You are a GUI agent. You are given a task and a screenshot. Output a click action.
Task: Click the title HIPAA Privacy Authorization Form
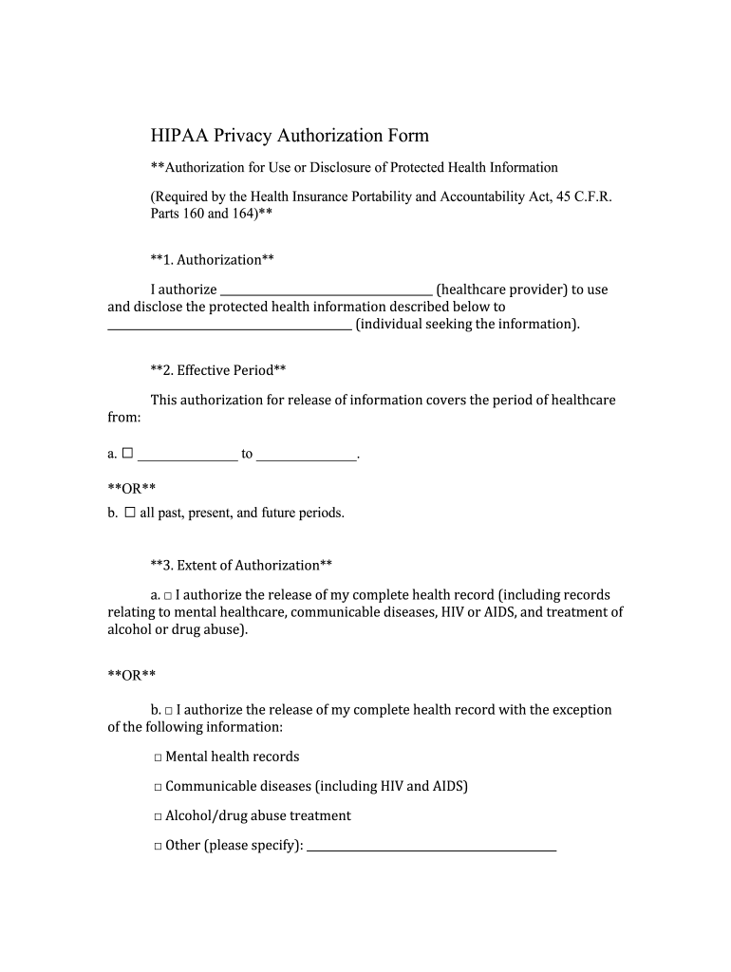tap(290, 136)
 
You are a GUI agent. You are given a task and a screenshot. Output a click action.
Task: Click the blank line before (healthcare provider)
tap(326, 290)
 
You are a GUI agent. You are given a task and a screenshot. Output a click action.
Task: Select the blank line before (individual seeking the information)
tap(229, 325)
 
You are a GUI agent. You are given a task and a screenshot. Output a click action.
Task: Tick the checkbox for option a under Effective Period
tap(127, 454)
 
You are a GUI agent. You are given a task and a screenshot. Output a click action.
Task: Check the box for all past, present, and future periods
tap(130, 513)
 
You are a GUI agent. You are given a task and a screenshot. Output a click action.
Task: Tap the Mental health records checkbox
tap(158, 757)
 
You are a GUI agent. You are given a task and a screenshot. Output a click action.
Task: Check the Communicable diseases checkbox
tap(158, 787)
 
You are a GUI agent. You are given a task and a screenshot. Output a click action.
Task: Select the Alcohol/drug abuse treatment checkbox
tap(158, 816)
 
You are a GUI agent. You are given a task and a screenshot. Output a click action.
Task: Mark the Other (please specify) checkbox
tap(158, 846)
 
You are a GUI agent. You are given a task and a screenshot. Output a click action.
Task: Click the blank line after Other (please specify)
tap(432, 846)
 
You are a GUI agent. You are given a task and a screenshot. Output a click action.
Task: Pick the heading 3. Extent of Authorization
tap(241, 566)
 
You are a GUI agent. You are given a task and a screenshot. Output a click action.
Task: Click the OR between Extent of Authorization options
tap(131, 675)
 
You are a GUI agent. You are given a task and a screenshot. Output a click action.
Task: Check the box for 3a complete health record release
tap(167, 596)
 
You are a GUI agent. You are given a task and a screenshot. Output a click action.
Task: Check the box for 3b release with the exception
tap(168, 711)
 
